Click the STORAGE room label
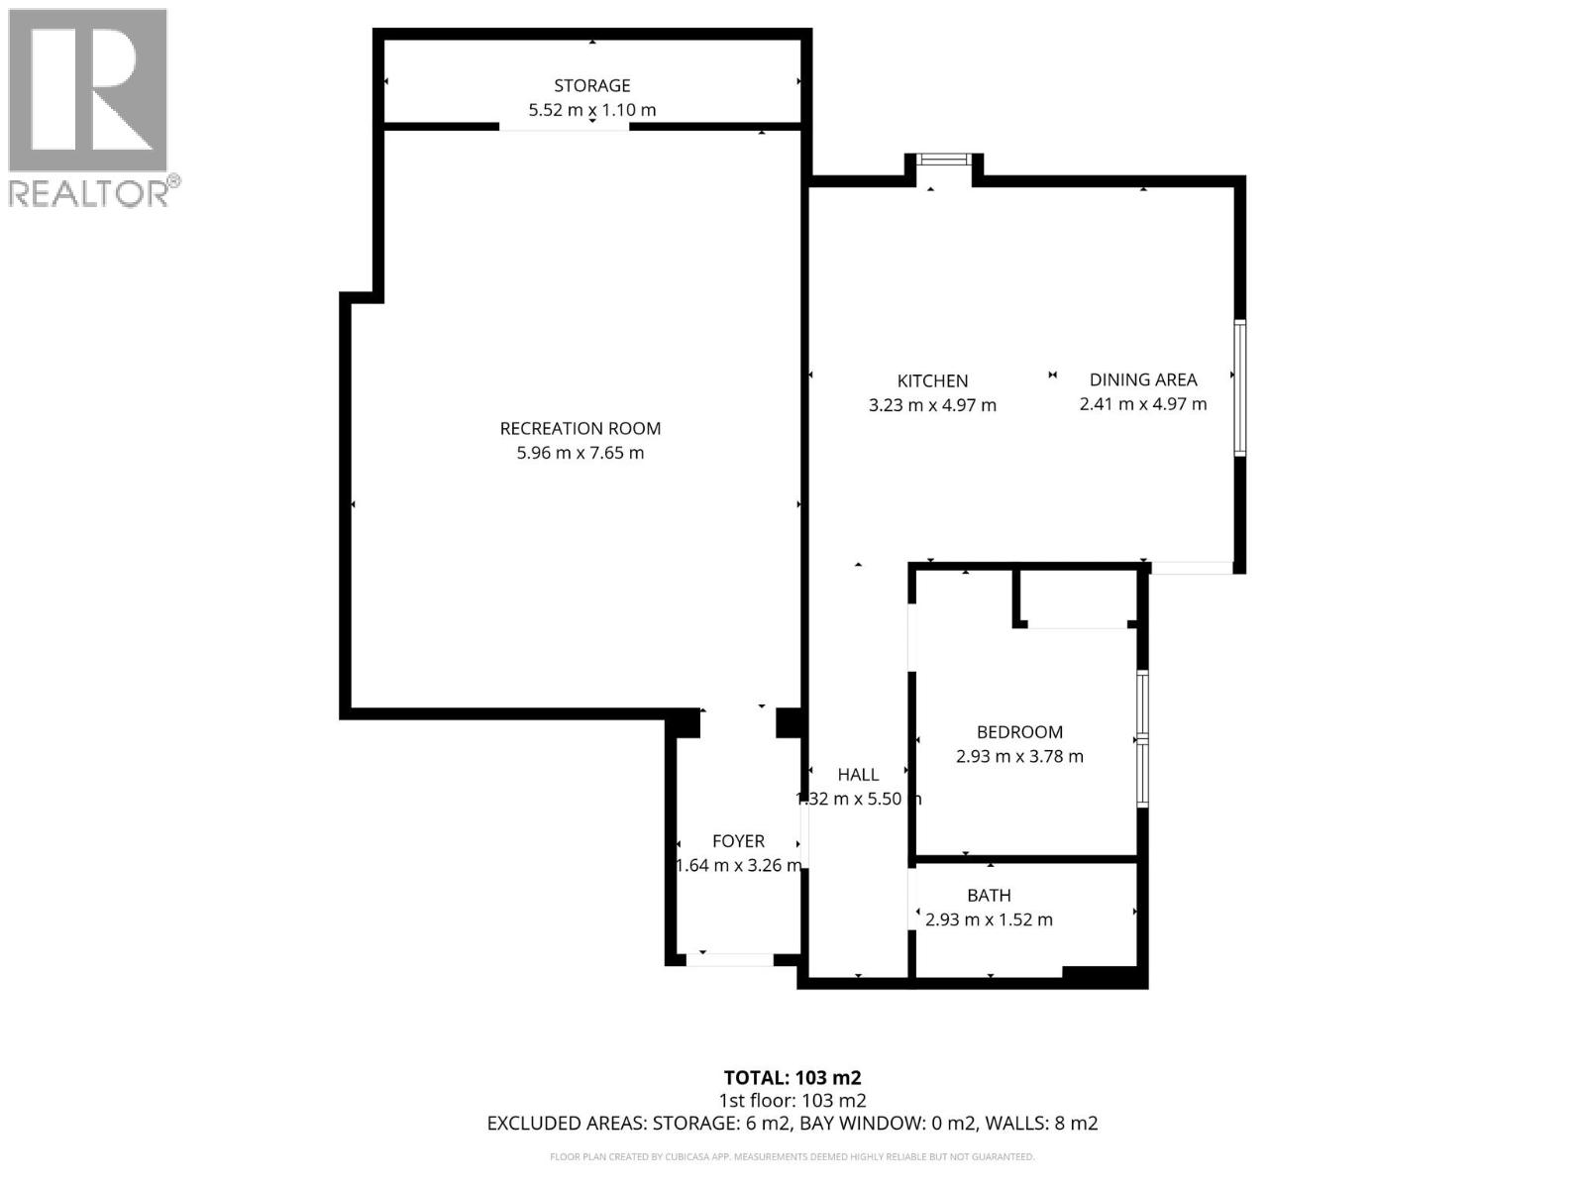[591, 85]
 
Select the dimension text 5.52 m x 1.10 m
[591, 110]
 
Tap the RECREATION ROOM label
[580, 428]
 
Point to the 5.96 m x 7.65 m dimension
[580, 453]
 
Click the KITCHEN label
[932, 380]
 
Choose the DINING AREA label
[1143, 379]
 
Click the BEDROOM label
[1019, 732]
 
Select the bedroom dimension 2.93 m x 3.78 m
[1019, 757]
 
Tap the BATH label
[989, 895]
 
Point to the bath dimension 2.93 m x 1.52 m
[989, 919]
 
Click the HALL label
[858, 775]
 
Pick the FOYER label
[738, 841]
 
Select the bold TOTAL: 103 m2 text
[792, 1078]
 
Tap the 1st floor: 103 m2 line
[792, 1100]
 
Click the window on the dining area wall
[1239, 387]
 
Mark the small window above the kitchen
[944, 159]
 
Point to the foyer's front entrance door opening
[730, 959]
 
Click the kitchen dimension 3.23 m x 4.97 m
[932, 405]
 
